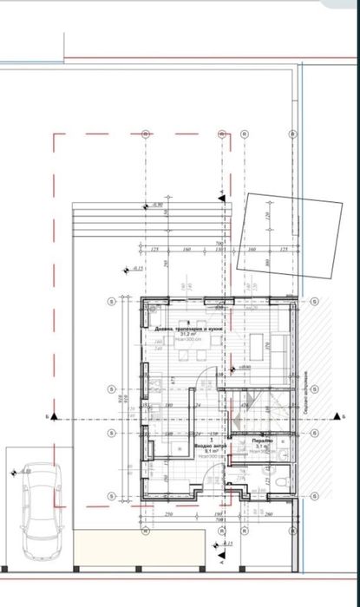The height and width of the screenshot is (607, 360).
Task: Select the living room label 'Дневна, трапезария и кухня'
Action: [191, 330]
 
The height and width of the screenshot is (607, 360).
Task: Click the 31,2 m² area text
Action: [185, 336]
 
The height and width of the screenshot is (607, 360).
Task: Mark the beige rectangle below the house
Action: [139, 552]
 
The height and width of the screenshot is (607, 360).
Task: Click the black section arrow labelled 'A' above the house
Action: [222, 193]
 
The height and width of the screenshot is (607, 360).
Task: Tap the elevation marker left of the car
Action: [13, 473]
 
